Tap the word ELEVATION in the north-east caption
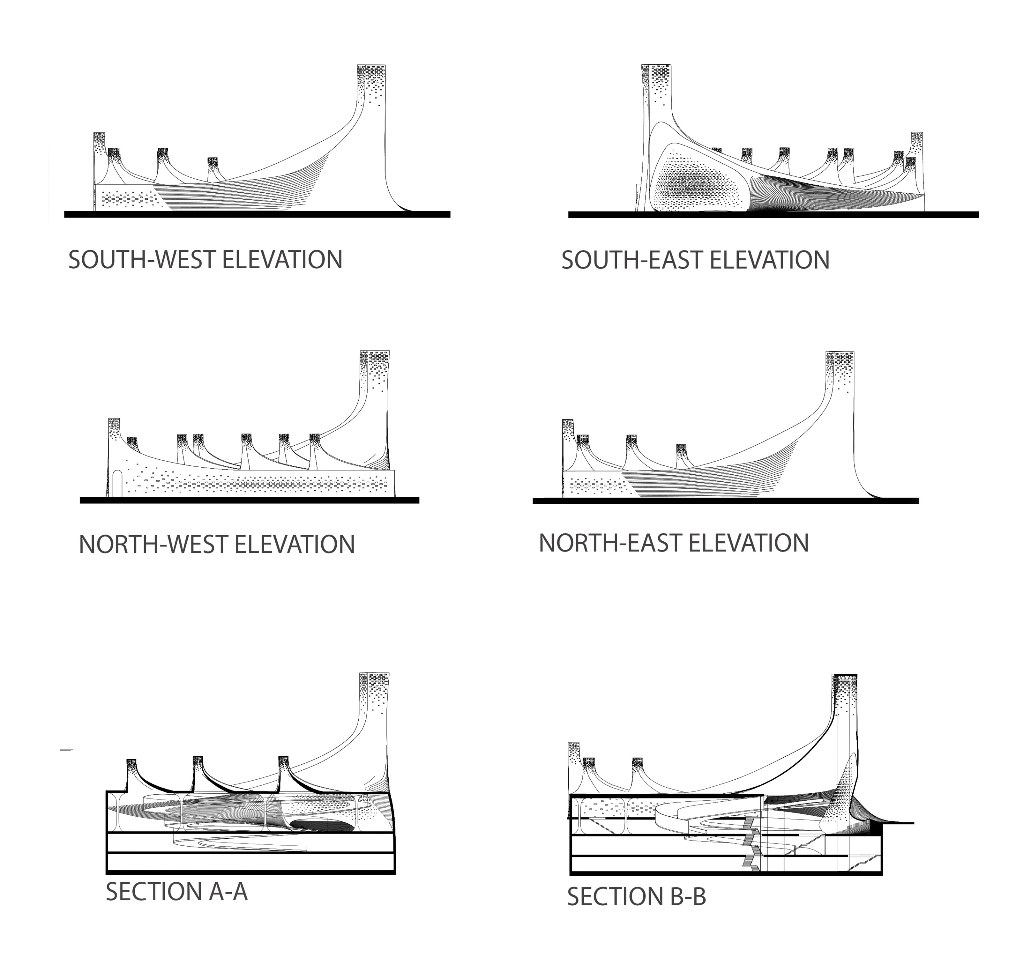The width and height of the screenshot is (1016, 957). coord(749,543)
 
